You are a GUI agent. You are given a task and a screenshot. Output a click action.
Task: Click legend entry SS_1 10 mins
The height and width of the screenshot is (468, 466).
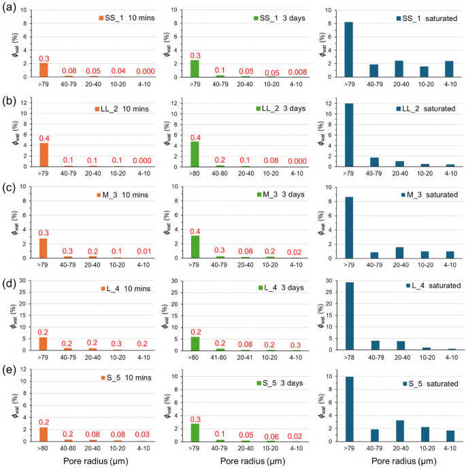pyautogui.click(x=122, y=17)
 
